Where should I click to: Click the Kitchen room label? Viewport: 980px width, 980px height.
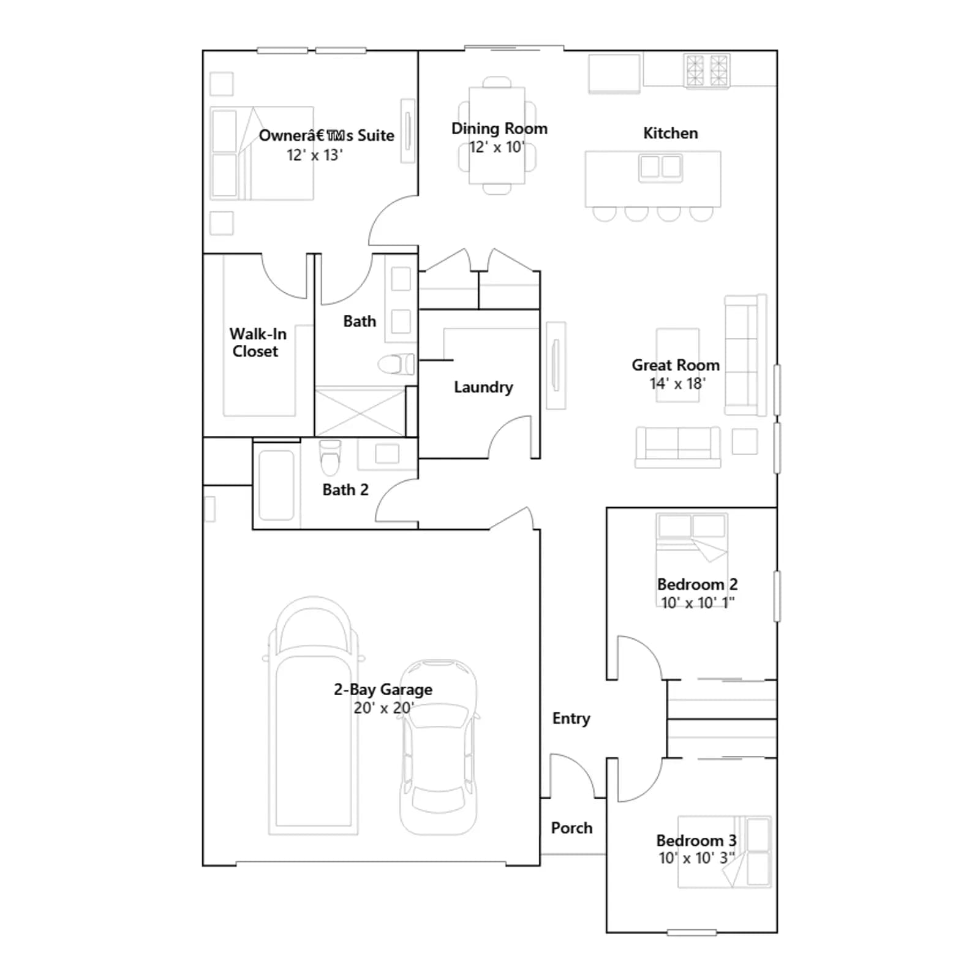tap(670, 133)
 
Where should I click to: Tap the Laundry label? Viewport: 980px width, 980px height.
tap(483, 387)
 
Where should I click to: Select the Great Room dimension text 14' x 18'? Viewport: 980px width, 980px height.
tap(677, 383)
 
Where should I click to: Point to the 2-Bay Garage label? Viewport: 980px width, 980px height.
tap(383, 690)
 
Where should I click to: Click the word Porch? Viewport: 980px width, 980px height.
tap(571, 828)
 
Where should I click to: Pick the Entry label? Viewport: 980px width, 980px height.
tap(571, 718)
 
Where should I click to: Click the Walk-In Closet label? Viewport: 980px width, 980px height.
tap(257, 342)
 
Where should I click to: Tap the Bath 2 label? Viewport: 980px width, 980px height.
tap(345, 490)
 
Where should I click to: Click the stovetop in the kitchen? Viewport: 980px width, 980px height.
tap(707, 70)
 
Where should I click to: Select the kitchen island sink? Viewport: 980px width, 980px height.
tap(660, 167)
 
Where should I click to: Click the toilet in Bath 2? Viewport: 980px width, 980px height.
tap(330, 458)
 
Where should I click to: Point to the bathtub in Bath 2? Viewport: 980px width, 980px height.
tap(276, 485)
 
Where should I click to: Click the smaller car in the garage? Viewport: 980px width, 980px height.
tap(439, 747)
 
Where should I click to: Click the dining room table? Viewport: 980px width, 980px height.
tap(497, 135)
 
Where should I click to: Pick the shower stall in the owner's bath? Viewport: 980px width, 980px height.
tap(360, 411)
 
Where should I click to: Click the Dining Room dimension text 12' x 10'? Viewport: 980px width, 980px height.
tap(497, 147)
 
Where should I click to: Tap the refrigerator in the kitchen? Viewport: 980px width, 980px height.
tap(614, 73)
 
